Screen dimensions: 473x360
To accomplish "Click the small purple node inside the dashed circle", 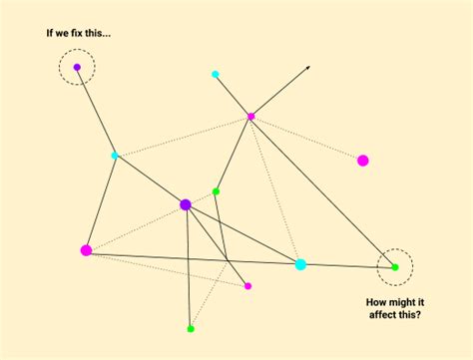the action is click(x=77, y=68).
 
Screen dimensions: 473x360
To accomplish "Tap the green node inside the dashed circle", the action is click(x=394, y=266).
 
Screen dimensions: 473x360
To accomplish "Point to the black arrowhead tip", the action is click(x=308, y=67).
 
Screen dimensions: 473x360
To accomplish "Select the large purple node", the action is click(x=186, y=204).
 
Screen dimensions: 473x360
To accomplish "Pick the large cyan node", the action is click(x=300, y=264).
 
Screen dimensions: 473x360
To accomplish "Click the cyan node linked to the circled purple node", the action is click(x=115, y=155).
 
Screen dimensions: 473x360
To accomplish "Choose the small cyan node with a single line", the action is click(x=216, y=74).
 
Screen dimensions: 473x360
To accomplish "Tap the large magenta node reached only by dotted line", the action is click(x=363, y=160).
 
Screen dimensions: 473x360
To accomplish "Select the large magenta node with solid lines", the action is click(x=86, y=250).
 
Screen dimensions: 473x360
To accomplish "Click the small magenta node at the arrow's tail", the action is click(x=251, y=117).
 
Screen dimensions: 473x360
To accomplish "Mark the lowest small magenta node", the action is click(x=247, y=286).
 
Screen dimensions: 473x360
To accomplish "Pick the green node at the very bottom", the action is click(x=191, y=328).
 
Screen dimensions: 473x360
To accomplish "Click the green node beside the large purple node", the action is click(x=216, y=190).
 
